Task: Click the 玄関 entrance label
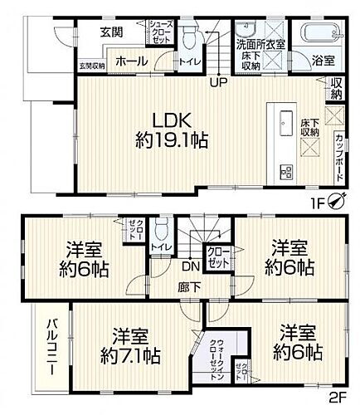click(111, 32)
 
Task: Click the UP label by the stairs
click(218, 82)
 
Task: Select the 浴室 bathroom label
click(323, 60)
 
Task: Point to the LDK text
click(166, 118)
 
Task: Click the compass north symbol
click(338, 199)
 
